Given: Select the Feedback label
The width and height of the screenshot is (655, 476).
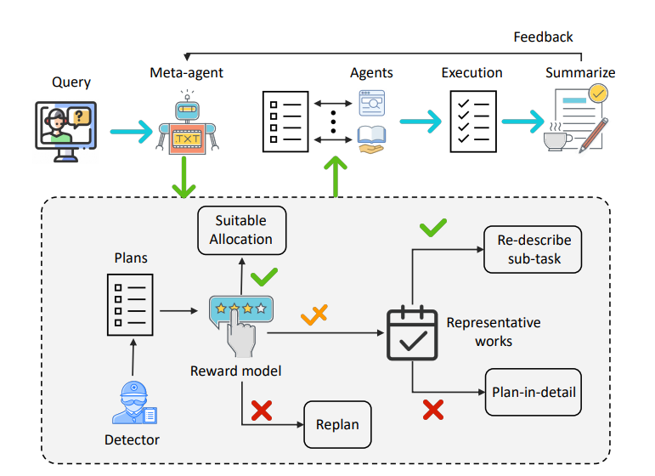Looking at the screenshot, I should click(x=543, y=37).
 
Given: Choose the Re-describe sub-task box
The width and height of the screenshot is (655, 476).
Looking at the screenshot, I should click(x=534, y=249).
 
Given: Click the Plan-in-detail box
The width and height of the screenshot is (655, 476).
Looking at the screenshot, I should click(x=534, y=393).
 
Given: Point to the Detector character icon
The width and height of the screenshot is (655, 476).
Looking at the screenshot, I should click(x=134, y=403).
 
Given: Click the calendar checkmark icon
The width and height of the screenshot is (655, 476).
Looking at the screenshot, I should click(x=413, y=332).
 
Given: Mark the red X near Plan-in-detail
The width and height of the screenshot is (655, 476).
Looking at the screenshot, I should click(x=433, y=411).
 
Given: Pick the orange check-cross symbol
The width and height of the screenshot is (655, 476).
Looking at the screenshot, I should click(x=313, y=316).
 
